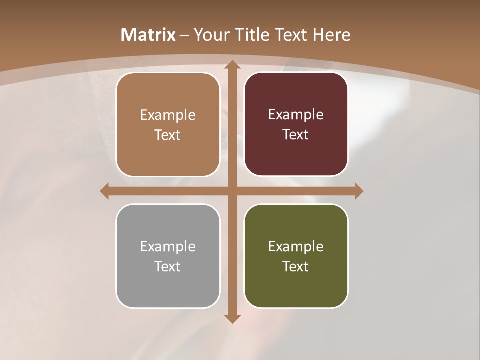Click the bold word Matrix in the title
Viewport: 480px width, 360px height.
(x=148, y=35)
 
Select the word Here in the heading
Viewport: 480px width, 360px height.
(x=332, y=35)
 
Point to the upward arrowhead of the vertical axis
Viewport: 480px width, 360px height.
(x=232, y=65)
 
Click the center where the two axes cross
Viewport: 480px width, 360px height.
(x=232, y=191)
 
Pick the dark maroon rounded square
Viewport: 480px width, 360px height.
(x=296, y=155)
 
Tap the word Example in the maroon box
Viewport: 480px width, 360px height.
(x=296, y=115)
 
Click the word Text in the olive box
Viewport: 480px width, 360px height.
(x=296, y=266)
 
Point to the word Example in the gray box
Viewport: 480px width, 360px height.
(x=168, y=246)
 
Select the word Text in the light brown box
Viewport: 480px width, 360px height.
(x=168, y=135)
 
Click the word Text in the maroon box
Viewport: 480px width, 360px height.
(x=296, y=135)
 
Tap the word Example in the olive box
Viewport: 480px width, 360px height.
(x=296, y=246)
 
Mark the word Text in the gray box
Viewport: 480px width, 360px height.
(x=168, y=266)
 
